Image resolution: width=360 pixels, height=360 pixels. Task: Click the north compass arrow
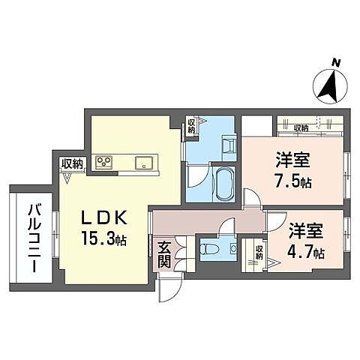(x=328, y=86)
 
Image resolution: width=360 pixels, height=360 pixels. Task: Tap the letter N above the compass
(x=337, y=63)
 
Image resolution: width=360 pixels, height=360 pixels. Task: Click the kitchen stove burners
(x=103, y=162)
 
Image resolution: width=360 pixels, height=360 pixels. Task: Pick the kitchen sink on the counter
(x=143, y=163)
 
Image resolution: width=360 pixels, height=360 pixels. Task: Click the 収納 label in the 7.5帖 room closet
(x=301, y=127)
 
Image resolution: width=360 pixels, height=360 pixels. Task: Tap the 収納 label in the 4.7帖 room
(x=259, y=253)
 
